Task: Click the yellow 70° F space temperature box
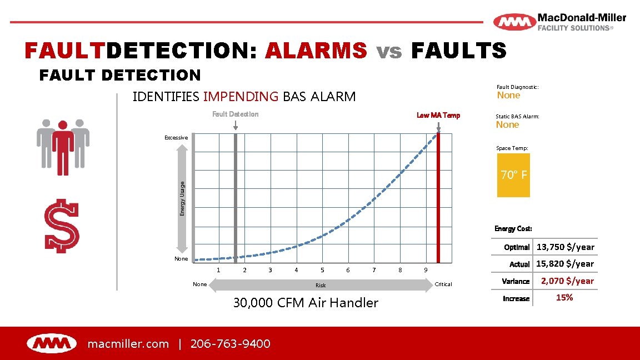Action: pyautogui.click(x=513, y=176)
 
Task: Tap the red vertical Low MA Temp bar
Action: pyautogui.click(x=438, y=200)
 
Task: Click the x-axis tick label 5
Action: pyautogui.click(x=322, y=270)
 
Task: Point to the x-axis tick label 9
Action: pyautogui.click(x=426, y=270)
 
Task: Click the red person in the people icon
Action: pyautogui.click(x=63, y=146)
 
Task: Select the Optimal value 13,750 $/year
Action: pyautogui.click(x=565, y=247)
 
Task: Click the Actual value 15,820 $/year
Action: pyautogui.click(x=565, y=264)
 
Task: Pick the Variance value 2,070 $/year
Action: pyautogui.click(x=567, y=281)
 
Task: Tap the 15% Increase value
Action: pyautogui.click(x=564, y=298)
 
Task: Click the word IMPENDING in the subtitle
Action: pyautogui.click(x=241, y=97)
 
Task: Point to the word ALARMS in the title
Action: pyautogui.click(x=316, y=51)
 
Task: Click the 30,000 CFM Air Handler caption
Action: pyautogui.click(x=306, y=303)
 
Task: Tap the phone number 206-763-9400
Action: pyautogui.click(x=230, y=344)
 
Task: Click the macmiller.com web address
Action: pyautogui.click(x=128, y=344)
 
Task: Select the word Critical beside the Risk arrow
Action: pyautogui.click(x=443, y=284)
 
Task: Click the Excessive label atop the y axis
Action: pyautogui.click(x=176, y=137)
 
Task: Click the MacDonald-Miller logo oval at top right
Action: pyautogui.click(x=514, y=23)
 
